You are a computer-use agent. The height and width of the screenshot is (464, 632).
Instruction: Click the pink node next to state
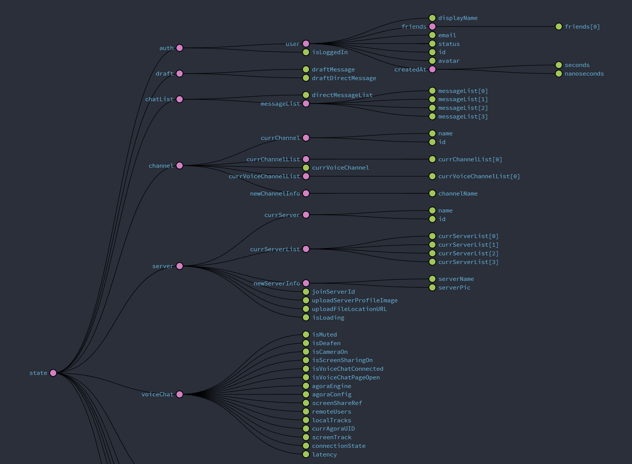53,373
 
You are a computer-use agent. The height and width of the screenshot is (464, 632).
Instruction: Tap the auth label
166,48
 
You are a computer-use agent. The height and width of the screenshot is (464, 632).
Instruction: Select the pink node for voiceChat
180,394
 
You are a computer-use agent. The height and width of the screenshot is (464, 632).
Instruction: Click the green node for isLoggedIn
306,52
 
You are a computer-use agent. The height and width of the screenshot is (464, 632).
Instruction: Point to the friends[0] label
582,27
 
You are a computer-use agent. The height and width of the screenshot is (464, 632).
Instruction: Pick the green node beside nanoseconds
559,74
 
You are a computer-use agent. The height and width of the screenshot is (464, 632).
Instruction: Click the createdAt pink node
432,70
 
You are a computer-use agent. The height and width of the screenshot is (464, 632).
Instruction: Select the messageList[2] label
463,108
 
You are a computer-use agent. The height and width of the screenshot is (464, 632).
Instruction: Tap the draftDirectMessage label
344,78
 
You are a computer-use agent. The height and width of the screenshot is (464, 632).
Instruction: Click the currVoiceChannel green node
306,168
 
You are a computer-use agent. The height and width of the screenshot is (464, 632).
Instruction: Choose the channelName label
458,194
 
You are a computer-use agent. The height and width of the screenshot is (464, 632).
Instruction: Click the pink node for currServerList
306,249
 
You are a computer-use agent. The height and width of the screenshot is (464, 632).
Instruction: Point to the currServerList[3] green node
432,262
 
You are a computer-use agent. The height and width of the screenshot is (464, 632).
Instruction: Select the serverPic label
454,288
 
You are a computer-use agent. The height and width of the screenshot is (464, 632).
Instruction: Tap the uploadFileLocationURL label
349,309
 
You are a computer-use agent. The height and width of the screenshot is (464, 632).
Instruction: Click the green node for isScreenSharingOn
306,360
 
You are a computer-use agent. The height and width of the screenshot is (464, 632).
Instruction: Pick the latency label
324,455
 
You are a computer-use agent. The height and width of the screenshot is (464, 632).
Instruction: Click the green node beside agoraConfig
306,394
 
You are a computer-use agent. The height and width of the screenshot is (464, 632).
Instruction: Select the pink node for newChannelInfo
306,194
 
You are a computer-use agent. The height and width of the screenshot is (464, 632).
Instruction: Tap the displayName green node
432,18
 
